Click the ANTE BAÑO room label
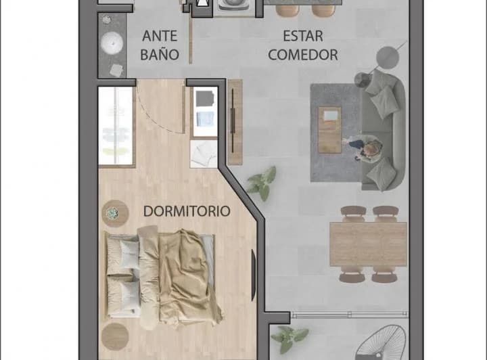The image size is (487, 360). click(x=160, y=45)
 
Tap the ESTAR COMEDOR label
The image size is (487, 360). click(x=303, y=45)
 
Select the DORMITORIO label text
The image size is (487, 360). click(x=187, y=211)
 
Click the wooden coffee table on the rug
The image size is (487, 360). click(x=330, y=129)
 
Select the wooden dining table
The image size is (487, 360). click(x=367, y=244)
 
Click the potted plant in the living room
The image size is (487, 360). click(x=262, y=181)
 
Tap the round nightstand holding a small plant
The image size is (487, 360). click(x=114, y=213)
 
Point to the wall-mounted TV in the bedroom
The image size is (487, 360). click(x=254, y=275)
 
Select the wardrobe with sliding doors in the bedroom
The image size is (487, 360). click(x=116, y=126)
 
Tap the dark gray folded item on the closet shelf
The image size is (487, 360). click(x=204, y=99)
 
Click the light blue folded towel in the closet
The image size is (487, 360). click(x=204, y=120)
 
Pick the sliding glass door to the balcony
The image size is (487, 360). click(x=338, y=314)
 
